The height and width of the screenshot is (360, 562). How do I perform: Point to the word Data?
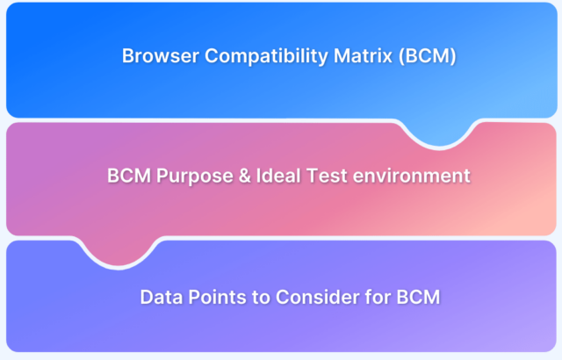pyautogui.click(x=162, y=297)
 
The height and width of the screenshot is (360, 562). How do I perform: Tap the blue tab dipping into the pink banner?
pyautogui.click(x=440, y=133)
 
